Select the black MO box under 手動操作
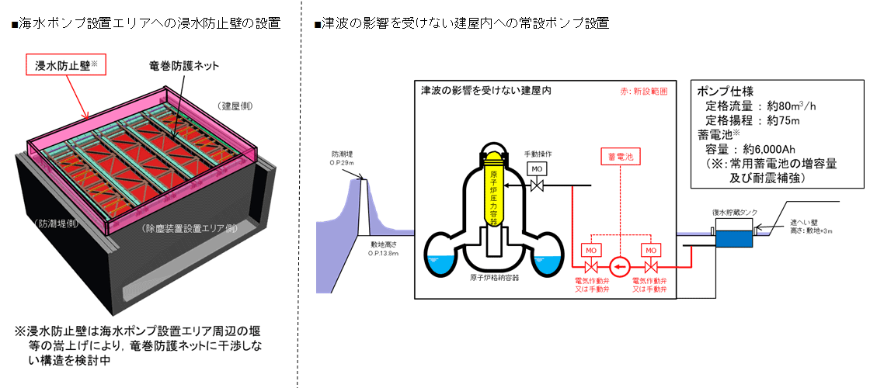pos(537,168)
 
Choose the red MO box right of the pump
pos(650,250)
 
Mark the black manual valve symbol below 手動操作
pos(537,186)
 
